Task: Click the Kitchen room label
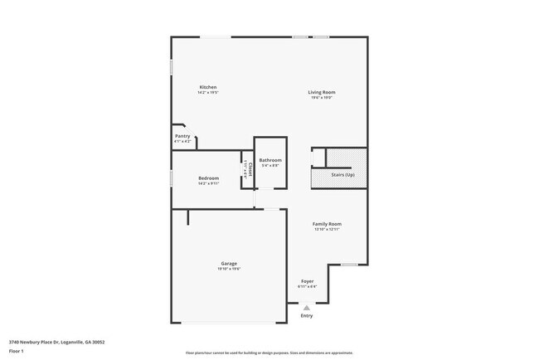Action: (x=207, y=87)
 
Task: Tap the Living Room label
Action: (x=322, y=92)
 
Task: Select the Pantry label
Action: (x=182, y=136)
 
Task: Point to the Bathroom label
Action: (x=270, y=160)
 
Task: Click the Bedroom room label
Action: (x=208, y=178)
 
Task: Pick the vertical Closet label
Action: (x=248, y=169)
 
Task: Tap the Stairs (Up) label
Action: (x=342, y=175)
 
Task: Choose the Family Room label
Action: (x=327, y=224)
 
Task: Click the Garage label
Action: (x=229, y=264)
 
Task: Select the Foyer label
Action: (x=307, y=282)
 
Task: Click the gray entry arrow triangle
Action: (x=306, y=307)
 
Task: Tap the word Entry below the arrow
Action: (x=307, y=315)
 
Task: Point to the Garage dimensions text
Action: (x=229, y=269)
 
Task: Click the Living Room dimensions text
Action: (x=322, y=98)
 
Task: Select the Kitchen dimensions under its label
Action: (x=207, y=93)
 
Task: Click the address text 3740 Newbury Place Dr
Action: (x=56, y=342)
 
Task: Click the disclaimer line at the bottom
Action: (x=269, y=353)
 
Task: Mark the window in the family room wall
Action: (x=349, y=265)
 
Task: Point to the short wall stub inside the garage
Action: (x=188, y=216)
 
